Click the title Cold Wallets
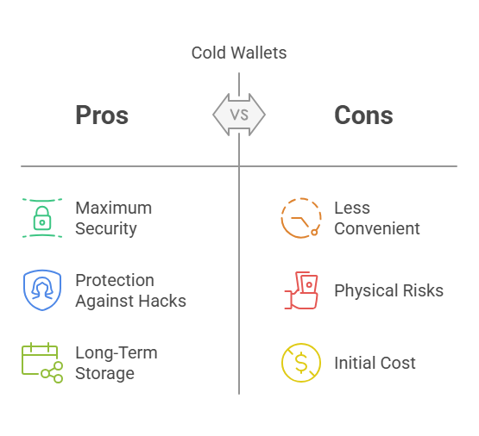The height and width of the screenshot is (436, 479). click(239, 53)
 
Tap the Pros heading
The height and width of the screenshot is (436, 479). click(102, 115)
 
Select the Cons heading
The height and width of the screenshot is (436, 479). click(363, 115)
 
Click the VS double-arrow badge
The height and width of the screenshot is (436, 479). click(239, 115)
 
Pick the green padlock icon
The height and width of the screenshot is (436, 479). click(42, 218)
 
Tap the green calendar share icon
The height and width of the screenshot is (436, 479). click(42, 363)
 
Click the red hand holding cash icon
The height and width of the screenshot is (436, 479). click(301, 290)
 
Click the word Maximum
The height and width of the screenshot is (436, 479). click(114, 208)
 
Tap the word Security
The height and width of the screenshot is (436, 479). click(106, 229)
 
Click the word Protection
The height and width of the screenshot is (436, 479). click(115, 280)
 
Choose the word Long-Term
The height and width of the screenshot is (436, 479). click(117, 352)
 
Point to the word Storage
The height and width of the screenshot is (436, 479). click(104, 373)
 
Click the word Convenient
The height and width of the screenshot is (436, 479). click(377, 228)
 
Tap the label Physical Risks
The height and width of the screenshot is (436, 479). click(389, 290)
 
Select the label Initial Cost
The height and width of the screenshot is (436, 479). click(375, 363)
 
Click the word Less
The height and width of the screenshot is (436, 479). click(352, 208)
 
